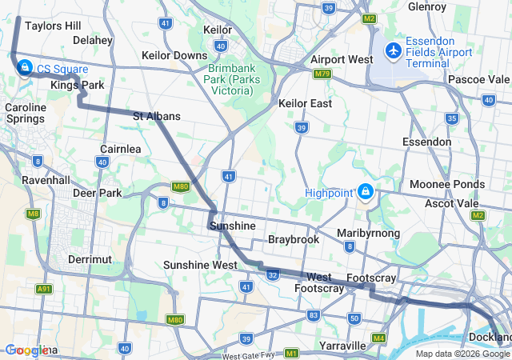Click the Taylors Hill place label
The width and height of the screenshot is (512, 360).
tap(53, 26)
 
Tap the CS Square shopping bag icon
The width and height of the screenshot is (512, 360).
tap(25, 67)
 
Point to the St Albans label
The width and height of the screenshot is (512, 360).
tap(156, 116)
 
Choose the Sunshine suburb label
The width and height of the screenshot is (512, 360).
tap(232, 226)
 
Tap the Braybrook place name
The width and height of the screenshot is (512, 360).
tap(294, 239)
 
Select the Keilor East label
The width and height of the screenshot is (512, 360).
tap(306, 103)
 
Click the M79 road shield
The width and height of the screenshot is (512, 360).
tap(322, 74)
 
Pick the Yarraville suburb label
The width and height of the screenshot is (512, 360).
tap(342, 345)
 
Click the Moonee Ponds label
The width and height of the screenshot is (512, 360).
tap(447, 184)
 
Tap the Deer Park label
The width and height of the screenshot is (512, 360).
tap(96, 193)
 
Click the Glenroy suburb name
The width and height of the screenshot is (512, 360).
tap(426, 6)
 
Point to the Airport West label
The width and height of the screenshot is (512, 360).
tap(342, 59)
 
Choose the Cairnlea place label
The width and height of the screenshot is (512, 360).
tap(122, 149)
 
